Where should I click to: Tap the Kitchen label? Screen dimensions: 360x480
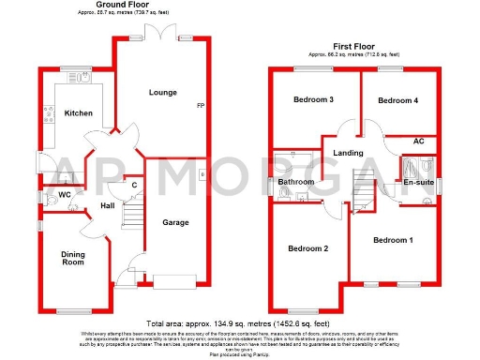point(78,113)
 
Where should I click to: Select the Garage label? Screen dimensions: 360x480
point(175,222)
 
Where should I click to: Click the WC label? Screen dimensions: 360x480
point(64,195)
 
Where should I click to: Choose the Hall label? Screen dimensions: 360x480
point(108,206)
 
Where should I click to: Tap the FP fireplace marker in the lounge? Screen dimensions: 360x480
point(199,104)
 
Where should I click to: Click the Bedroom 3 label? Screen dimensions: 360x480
point(313,100)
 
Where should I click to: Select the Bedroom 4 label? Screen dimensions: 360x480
point(397,100)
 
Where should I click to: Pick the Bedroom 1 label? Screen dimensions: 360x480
point(393,241)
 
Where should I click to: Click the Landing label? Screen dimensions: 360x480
point(349,153)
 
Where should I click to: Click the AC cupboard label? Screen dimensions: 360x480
point(417,142)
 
